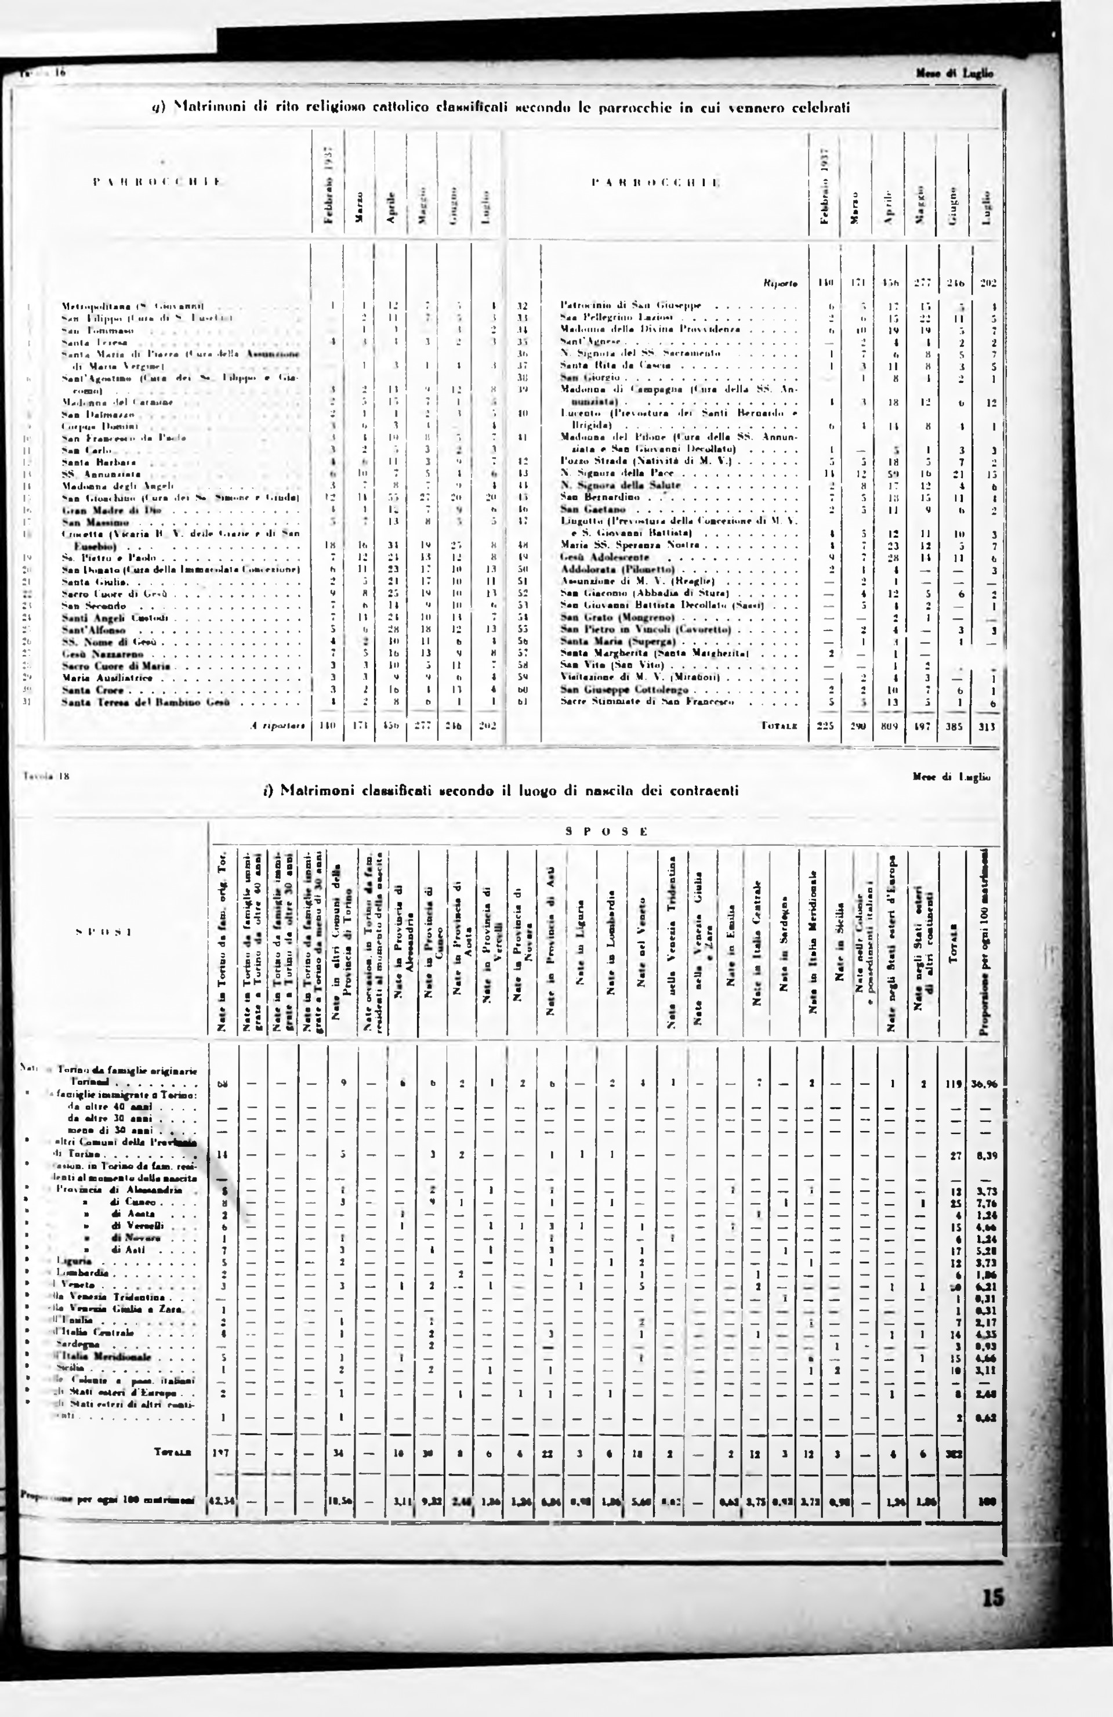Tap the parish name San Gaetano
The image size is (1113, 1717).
point(586,509)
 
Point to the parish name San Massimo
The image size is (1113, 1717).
point(85,521)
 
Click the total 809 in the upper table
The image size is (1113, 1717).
point(891,727)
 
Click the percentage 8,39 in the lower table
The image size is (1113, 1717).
point(984,1155)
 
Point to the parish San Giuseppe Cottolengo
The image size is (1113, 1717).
point(624,690)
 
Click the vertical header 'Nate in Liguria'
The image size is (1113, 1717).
point(581,945)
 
